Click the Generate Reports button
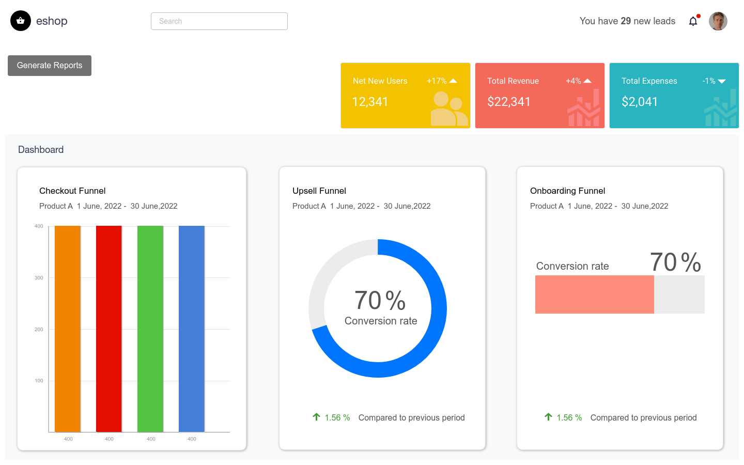(50, 66)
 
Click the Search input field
(219, 21)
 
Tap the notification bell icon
(693, 21)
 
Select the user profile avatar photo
(718, 21)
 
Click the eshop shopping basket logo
(21, 21)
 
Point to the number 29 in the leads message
(626, 21)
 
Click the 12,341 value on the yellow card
(370, 102)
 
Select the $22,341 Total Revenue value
(509, 102)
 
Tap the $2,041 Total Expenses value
(640, 102)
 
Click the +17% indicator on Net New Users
(437, 81)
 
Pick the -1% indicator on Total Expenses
(709, 81)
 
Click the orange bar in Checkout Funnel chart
(68, 329)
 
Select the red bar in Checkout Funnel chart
(109, 329)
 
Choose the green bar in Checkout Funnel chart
(150, 329)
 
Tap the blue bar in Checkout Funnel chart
(192, 329)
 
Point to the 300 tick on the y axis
(39, 278)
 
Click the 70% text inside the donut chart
(380, 301)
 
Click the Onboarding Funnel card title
(567, 191)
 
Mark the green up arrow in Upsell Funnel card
(316, 417)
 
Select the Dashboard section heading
(41, 150)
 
